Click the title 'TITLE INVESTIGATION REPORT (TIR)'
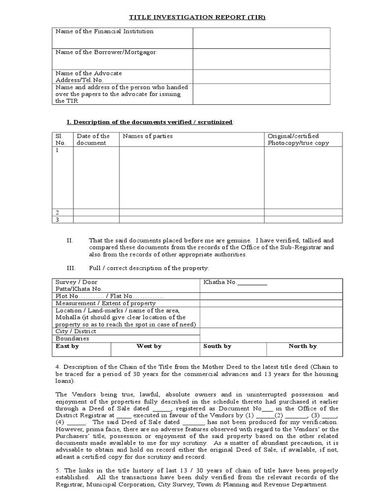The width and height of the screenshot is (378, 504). pos(190,17)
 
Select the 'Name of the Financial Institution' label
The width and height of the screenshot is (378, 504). pos(104,31)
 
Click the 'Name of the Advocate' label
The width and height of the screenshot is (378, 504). pos(89,73)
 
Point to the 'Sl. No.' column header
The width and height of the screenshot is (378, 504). pos(60,139)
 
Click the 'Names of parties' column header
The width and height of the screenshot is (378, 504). pos(148,136)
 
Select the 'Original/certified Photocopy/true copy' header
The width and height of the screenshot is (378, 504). pos(298,139)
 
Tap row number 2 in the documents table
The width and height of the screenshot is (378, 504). pos(58,212)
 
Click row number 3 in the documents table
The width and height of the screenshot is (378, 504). pos(58,220)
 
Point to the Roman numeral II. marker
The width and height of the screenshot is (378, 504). pos(70,240)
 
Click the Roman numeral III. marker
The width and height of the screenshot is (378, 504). pos(71,268)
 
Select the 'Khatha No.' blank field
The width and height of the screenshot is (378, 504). pos(252,283)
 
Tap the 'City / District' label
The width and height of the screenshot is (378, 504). pos(76,331)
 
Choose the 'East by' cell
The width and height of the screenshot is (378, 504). pos(67,346)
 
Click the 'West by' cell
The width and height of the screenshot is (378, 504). pos(149,346)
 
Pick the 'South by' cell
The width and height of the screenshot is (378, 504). pos(217,346)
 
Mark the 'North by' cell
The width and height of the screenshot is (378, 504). pos(302,346)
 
